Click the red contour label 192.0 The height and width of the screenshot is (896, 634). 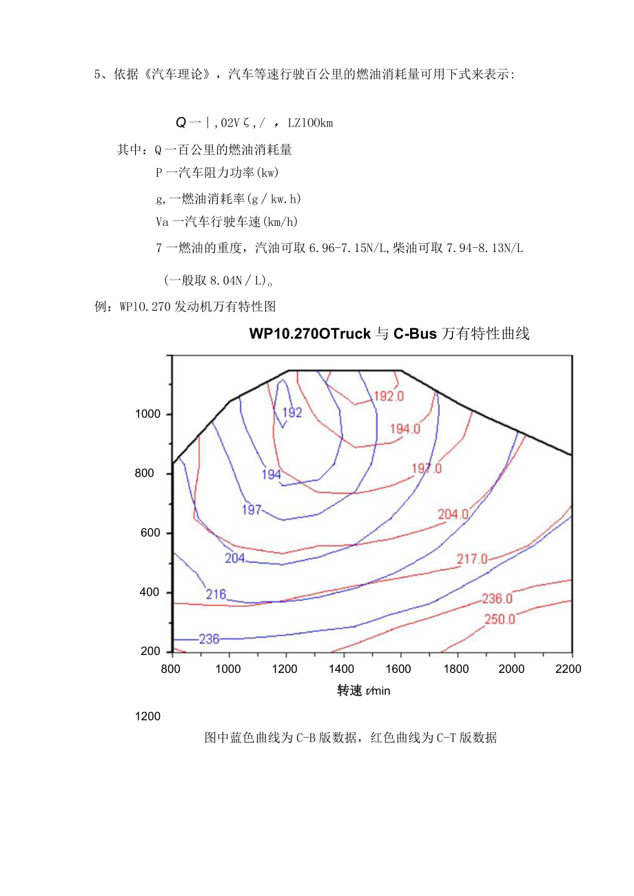point(388,396)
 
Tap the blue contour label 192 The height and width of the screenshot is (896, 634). point(292,413)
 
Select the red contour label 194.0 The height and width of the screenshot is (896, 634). point(405,429)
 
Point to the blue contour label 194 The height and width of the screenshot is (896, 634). point(271,475)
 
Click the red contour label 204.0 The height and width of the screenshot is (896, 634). point(453,514)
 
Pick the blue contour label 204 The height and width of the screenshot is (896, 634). point(235,558)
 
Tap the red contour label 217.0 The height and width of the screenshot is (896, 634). point(473,559)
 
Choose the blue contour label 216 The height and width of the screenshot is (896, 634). point(216,594)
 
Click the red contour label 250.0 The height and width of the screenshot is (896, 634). point(500,619)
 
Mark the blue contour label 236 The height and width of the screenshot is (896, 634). point(209,639)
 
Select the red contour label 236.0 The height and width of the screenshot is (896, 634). point(497,598)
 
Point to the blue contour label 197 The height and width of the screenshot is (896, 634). point(252,510)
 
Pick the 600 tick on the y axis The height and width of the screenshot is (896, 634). point(152,533)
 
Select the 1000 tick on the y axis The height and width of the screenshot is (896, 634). point(148,414)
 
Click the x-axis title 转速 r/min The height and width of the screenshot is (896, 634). point(363,691)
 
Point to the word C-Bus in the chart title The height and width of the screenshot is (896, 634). point(415,335)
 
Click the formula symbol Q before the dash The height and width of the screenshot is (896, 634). point(181,123)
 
